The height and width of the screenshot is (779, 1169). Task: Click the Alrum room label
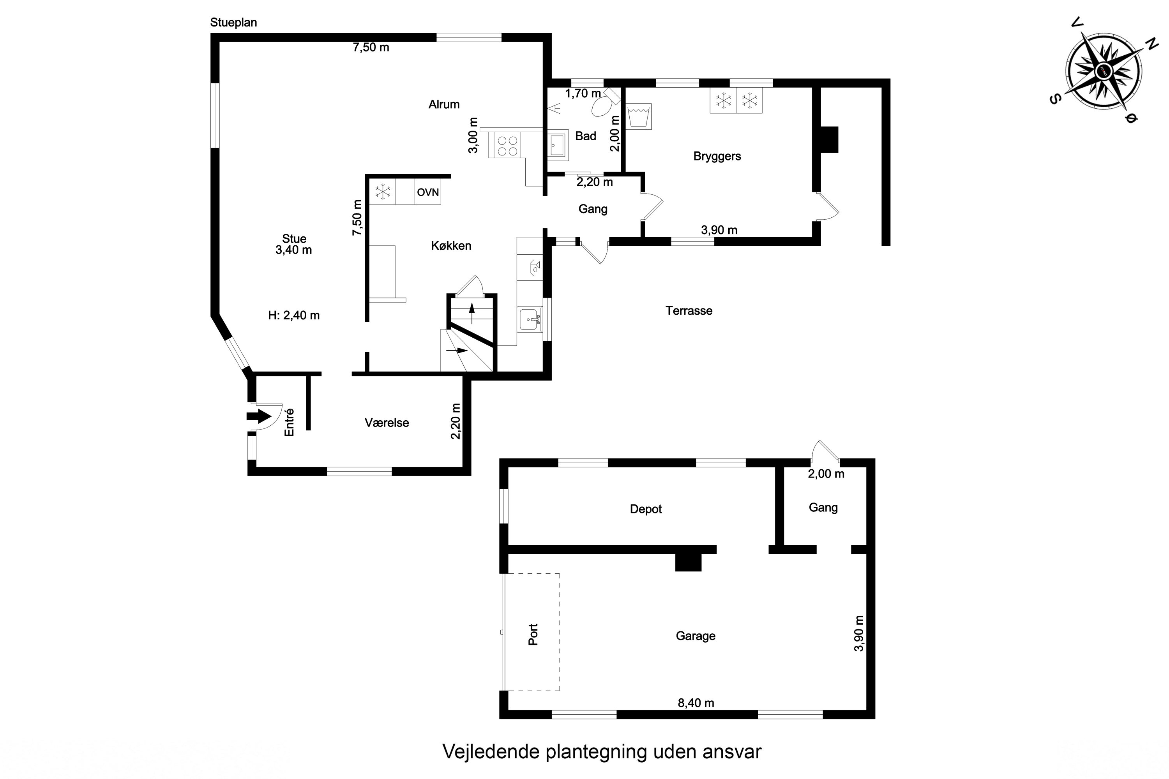click(x=444, y=104)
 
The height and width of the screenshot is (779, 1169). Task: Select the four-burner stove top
click(x=507, y=146)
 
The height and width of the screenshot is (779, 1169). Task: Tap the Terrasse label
click(x=689, y=311)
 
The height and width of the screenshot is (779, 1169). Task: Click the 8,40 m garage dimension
click(x=696, y=703)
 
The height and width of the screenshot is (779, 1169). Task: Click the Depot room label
click(x=646, y=509)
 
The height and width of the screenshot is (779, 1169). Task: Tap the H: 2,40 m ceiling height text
click(x=294, y=315)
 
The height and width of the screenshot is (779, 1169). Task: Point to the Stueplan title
click(x=233, y=22)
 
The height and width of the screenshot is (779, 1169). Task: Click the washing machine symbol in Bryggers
click(x=639, y=117)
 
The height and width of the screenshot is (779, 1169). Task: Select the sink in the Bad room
click(x=558, y=145)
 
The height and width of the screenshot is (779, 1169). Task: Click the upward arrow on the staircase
click(x=471, y=312)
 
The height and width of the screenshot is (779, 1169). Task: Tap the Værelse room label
click(x=387, y=423)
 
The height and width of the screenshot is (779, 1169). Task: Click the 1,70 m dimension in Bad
click(x=583, y=93)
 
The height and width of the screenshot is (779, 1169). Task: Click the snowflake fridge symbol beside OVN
click(x=383, y=192)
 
